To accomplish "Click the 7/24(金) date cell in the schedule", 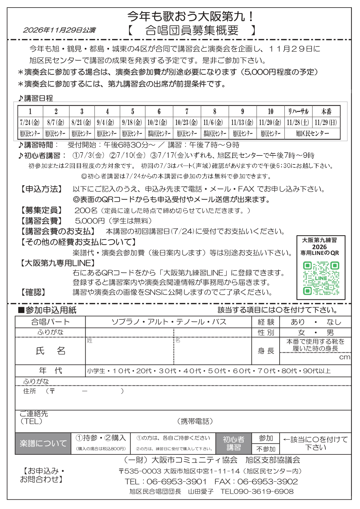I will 30,122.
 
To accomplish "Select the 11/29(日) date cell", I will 326,122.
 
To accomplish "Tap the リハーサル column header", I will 298,111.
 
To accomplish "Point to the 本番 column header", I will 326,111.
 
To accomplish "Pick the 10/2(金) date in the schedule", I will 159,122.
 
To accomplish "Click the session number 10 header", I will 270,111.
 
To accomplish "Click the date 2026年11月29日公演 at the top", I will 59,30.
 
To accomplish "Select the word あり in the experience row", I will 298,322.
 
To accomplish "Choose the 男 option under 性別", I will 330,332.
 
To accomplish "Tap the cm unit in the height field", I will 345,357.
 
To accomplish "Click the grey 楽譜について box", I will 43,443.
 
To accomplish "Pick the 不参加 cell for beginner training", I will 266,449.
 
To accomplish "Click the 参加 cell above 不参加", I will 266,438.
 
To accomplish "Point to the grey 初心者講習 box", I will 234,443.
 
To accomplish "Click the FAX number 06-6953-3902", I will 267,481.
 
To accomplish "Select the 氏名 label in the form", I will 50,351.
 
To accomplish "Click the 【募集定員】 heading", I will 41,210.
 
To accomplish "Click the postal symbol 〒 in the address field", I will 52,391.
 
